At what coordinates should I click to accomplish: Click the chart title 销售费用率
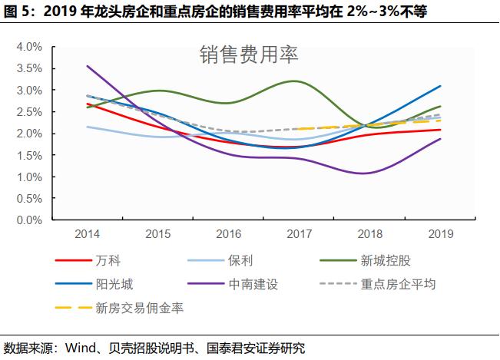249,54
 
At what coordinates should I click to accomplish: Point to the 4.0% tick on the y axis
29,47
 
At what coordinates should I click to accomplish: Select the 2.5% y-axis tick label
29,112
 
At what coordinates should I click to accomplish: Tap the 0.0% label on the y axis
29,220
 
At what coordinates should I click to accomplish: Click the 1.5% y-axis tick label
29,155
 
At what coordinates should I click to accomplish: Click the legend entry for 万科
108,261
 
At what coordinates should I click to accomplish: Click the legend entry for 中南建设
253,284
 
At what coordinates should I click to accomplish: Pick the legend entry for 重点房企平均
398,284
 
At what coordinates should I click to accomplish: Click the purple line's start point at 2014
87,66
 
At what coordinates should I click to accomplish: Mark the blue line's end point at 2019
440,86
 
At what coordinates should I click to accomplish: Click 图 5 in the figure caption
17,12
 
